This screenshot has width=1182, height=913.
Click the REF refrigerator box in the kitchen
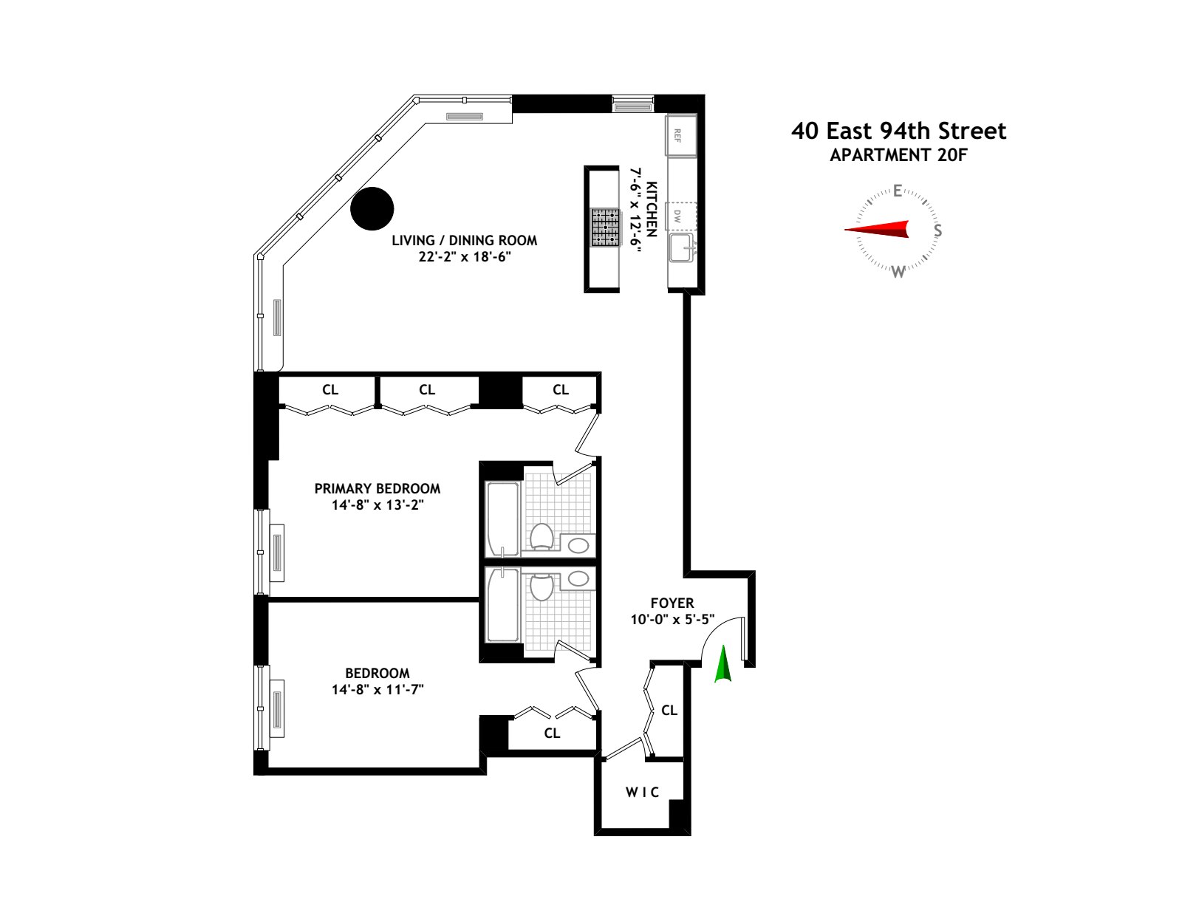click(680, 134)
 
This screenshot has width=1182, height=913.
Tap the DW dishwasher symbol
click(678, 216)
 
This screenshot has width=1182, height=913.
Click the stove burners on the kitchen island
click(604, 227)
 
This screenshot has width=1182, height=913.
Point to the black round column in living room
click(372, 208)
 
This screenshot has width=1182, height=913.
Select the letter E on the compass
click(898, 191)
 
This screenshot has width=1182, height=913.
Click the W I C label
click(642, 792)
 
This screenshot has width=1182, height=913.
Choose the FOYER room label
click(672, 603)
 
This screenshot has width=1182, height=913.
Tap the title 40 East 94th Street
click(898, 131)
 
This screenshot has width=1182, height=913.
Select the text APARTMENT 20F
click(898, 155)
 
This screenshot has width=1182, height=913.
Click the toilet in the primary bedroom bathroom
click(542, 536)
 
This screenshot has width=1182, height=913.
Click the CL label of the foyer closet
click(669, 710)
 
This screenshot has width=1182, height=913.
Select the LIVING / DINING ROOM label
click(464, 240)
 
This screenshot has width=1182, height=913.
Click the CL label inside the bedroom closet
click(552, 733)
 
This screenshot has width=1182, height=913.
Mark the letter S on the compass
click(937, 230)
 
